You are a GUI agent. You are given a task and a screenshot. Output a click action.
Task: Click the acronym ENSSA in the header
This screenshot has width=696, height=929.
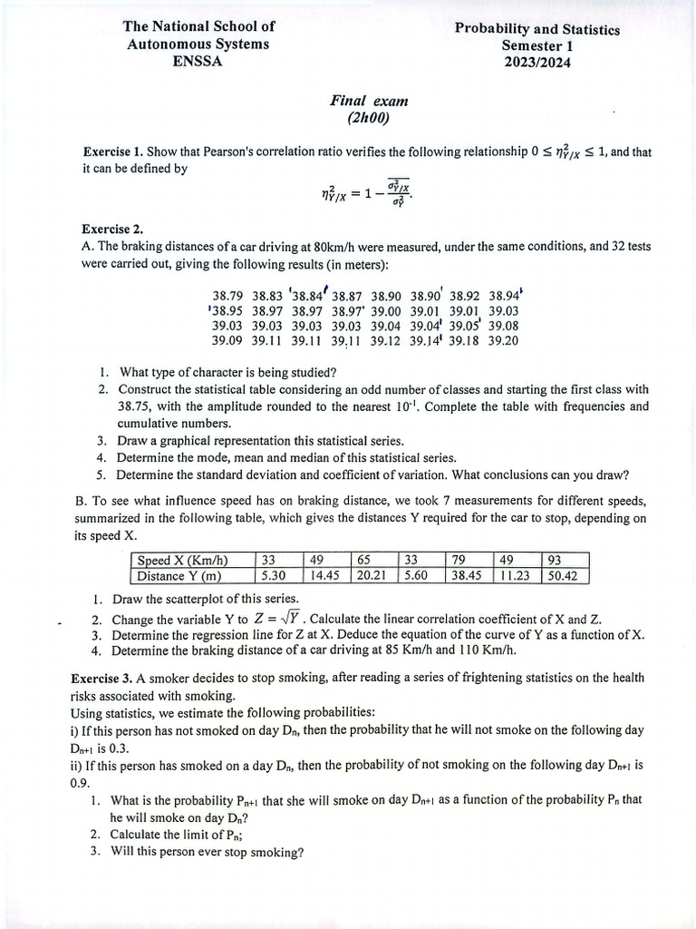198,62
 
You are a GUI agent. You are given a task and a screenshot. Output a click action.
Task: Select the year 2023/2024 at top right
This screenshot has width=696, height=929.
537,62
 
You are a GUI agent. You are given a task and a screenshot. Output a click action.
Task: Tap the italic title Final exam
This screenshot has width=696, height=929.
369,102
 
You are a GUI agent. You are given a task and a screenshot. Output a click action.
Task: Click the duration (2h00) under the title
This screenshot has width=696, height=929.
368,118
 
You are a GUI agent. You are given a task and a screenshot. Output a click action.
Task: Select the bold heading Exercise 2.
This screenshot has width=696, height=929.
112,230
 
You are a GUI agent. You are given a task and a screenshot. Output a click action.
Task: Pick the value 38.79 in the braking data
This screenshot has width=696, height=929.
227,296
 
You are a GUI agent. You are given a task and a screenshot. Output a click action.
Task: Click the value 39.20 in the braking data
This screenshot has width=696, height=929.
503,341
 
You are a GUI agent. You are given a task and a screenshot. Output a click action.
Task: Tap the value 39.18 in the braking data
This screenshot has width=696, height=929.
464,341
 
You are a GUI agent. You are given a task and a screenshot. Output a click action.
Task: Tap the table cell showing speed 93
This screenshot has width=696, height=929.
554,560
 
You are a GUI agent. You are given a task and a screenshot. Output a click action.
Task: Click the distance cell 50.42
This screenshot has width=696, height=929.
564,575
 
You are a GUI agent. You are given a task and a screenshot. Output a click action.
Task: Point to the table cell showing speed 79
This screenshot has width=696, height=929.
459,560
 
